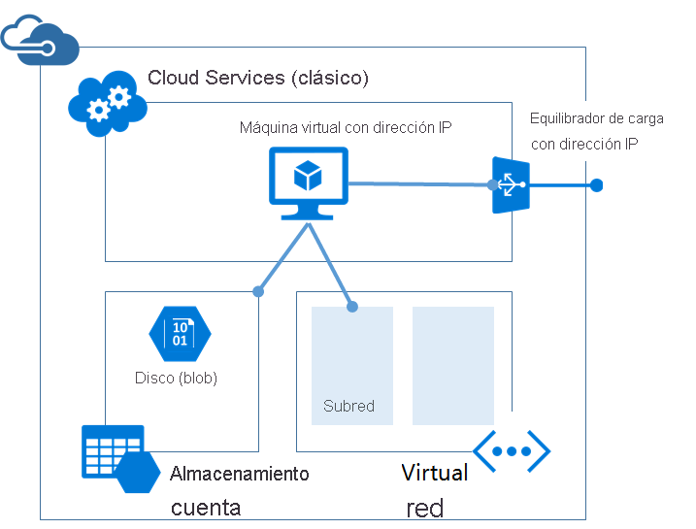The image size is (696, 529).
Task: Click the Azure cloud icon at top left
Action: [39, 40]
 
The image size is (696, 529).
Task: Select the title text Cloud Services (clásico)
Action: [258, 78]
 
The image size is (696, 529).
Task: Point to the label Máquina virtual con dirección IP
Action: [346, 128]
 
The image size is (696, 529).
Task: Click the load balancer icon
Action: [510, 184]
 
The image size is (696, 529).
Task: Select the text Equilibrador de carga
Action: [596, 118]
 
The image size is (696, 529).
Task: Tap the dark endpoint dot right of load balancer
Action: [596, 185]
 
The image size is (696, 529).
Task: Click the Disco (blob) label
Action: [176, 378]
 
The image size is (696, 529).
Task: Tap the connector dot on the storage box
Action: [258, 290]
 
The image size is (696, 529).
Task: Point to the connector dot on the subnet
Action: [352, 307]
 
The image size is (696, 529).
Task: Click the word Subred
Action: [348, 406]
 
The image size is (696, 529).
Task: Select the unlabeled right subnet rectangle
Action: [452, 366]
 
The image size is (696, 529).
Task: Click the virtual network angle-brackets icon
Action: [512, 450]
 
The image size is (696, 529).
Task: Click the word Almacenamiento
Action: [239, 474]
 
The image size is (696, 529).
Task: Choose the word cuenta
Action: [206, 507]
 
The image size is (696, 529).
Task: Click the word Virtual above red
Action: [435, 473]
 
